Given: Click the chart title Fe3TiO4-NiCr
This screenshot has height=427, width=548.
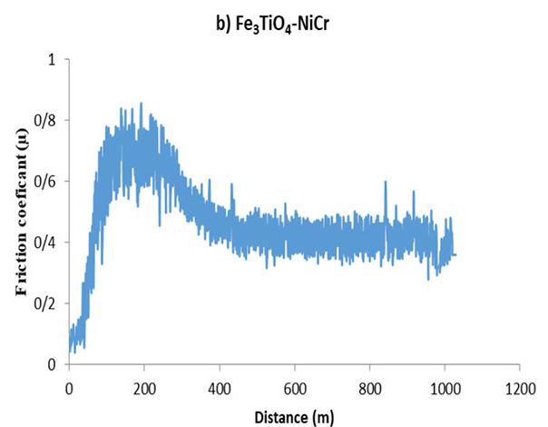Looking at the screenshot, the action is click(x=282, y=25).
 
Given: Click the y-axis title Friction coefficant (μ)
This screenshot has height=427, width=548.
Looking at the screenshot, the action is click(x=22, y=212).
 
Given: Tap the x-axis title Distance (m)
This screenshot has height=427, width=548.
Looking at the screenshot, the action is click(x=294, y=418).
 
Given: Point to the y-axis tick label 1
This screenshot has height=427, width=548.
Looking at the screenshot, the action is click(x=52, y=60).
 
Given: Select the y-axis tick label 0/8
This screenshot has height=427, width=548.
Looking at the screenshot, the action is click(x=44, y=121).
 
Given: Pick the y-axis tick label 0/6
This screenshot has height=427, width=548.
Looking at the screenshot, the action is click(x=44, y=182).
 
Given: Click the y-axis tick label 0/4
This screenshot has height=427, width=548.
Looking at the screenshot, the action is click(x=44, y=243).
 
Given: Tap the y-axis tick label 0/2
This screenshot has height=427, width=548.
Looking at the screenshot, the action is click(x=44, y=303).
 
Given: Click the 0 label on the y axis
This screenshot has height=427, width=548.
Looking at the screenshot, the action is click(x=52, y=364).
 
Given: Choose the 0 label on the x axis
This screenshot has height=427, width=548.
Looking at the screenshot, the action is click(x=69, y=389).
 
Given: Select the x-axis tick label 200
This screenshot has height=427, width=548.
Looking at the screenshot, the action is click(x=144, y=389).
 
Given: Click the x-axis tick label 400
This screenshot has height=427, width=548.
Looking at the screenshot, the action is click(x=220, y=389).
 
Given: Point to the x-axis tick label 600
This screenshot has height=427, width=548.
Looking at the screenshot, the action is click(x=295, y=389).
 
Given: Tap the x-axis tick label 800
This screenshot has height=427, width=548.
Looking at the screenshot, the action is click(x=370, y=389).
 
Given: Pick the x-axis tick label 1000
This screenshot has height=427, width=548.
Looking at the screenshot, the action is click(x=445, y=389).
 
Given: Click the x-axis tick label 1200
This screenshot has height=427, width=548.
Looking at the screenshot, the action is click(x=520, y=389).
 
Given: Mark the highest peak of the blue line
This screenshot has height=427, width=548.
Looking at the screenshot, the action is click(x=142, y=103).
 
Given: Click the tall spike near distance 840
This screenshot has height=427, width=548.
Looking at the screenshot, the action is click(x=386, y=182).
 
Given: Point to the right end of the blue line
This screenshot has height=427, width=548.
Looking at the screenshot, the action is click(x=455, y=254).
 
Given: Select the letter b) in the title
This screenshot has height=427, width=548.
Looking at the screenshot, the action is click(x=223, y=25).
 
